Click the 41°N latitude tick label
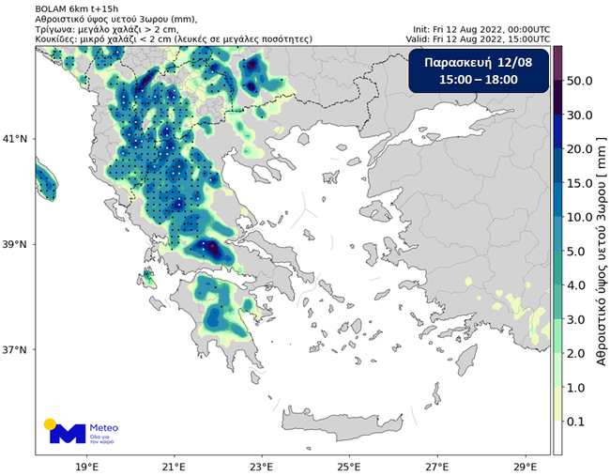(x=18, y=139)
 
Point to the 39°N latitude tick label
(x=18, y=244)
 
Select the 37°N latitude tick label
(x=18, y=350)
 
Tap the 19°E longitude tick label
(x=87, y=465)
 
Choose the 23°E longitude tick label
(x=262, y=465)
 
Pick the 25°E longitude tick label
(x=349, y=465)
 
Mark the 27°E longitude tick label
(x=436, y=465)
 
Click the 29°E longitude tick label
(x=525, y=465)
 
